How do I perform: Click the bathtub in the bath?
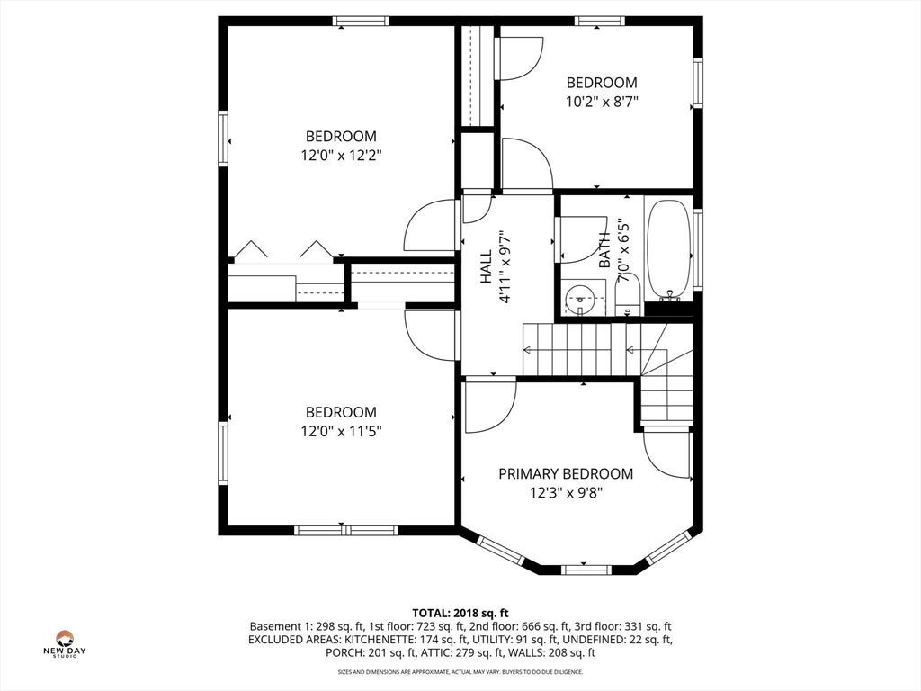(x=668, y=249)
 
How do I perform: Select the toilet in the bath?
(x=627, y=297)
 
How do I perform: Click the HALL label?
(x=487, y=266)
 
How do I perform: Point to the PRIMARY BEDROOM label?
(x=566, y=473)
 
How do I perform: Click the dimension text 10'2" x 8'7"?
(x=602, y=102)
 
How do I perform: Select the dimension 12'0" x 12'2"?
(x=341, y=156)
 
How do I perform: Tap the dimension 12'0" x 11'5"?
(x=341, y=431)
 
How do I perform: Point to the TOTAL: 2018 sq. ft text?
(x=460, y=614)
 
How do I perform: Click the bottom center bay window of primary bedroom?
(x=586, y=569)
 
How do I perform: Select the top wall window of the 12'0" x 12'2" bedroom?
(x=360, y=22)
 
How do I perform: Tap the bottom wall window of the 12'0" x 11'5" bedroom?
(x=346, y=531)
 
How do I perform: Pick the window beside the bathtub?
(x=698, y=249)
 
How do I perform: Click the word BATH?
(x=604, y=250)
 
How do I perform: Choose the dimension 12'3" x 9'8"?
(x=566, y=492)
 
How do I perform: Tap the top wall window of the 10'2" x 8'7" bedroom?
(x=600, y=22)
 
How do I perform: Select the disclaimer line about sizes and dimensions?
(x=460, y=671)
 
